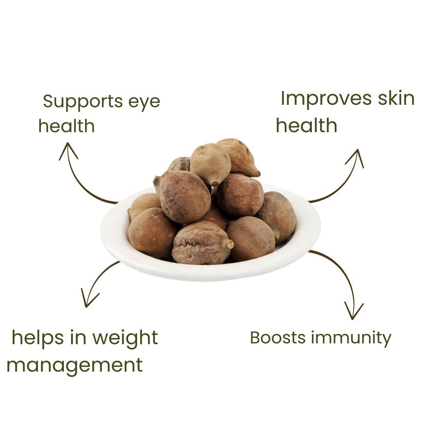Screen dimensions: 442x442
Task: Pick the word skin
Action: [396, 99]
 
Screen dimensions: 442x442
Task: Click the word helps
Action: [38, 338]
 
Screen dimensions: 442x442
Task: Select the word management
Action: [74, 365]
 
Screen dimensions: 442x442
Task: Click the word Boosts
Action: [278, 338]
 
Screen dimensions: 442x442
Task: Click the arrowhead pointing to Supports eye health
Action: [68, 150]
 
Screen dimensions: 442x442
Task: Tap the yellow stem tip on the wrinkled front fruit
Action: [230, 244]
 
